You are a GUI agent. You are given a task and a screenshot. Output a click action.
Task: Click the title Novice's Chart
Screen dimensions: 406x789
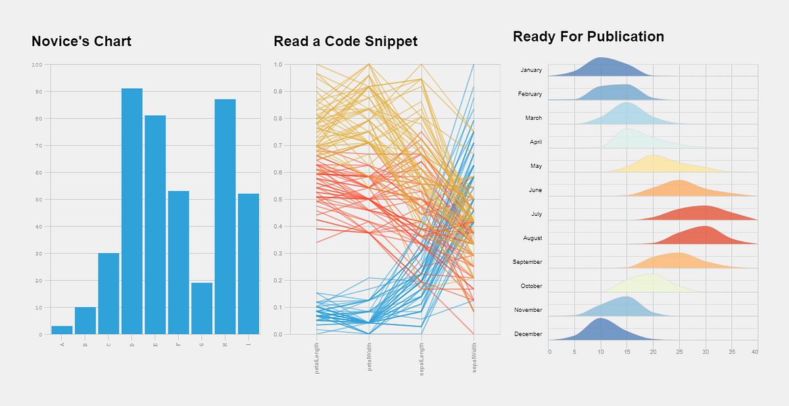(x=82, y=41)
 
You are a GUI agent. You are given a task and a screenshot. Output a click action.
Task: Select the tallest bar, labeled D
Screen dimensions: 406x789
(x=131, y=211)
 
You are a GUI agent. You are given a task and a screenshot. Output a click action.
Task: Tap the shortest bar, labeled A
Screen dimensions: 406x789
(x=62, y=330)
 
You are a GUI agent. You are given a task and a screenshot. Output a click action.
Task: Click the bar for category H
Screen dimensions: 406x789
(x=225, y=217)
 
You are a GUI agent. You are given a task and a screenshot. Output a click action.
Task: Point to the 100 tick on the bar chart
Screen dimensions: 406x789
(x=36, y=64)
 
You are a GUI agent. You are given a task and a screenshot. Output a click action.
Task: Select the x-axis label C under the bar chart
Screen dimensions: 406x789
(x=108, y=344)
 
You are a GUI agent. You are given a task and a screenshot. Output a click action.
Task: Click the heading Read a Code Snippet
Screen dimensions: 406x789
(x=345, y=41)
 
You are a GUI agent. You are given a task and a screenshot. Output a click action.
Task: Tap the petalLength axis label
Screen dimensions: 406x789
(x=317, y=358)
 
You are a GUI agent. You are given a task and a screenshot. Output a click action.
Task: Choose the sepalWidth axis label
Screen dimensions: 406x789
(x=474, y=357)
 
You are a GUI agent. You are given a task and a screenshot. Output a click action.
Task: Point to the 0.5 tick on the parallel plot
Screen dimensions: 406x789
(x=278, y=199)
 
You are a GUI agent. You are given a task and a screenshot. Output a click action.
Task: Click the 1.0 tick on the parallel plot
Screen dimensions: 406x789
(x=278, y=64)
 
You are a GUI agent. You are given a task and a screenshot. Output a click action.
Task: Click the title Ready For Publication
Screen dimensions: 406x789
(x=588, y=37)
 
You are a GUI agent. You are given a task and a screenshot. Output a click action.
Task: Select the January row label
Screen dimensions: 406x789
(x=531, y=70)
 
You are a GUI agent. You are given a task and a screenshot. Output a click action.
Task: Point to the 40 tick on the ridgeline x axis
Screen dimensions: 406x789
(x=755, y=352)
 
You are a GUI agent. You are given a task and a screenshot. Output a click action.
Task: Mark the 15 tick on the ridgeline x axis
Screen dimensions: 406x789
(x=627, y=352)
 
